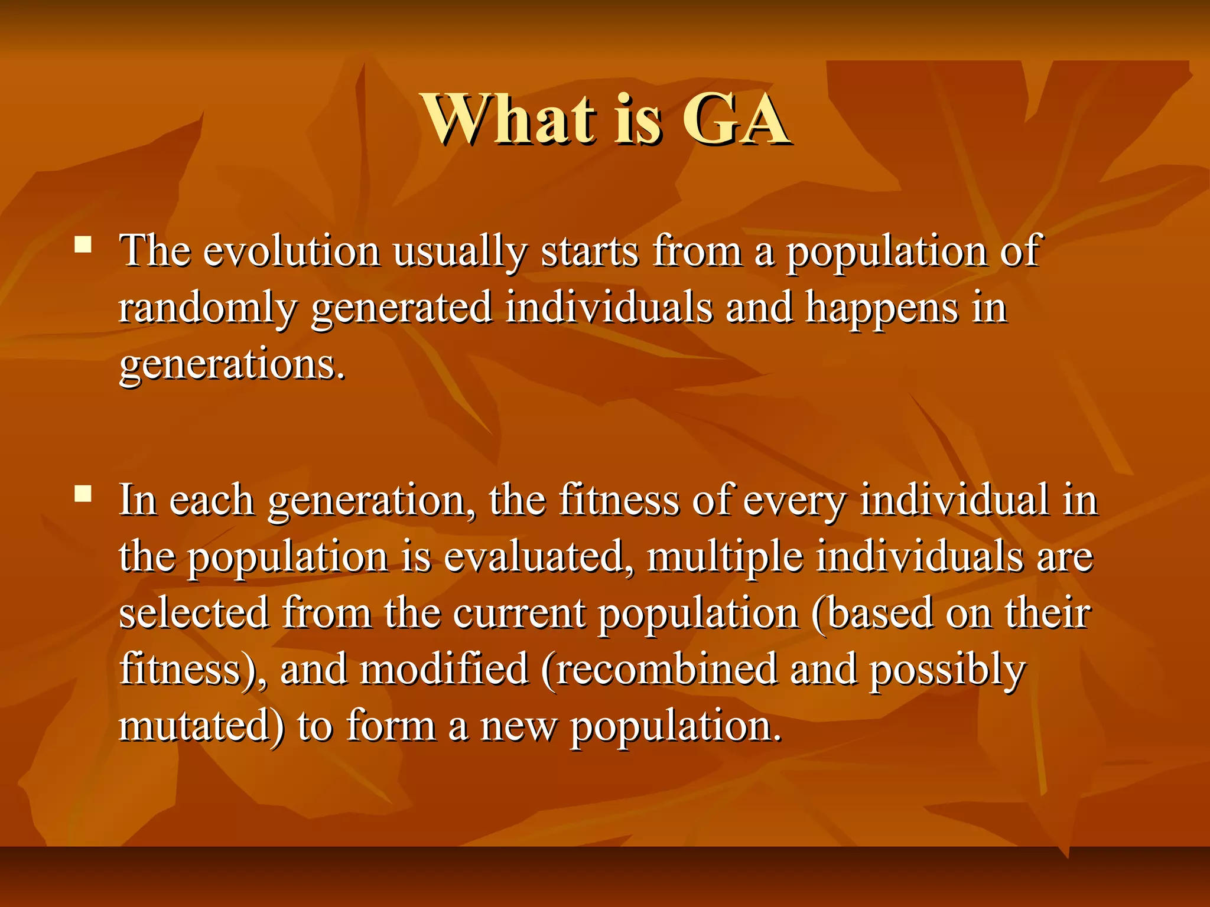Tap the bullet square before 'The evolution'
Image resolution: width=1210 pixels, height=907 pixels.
pyautogui.click(x=83, y=244)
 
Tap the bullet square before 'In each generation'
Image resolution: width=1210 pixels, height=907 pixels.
pyautogui.click(x=83, y=494)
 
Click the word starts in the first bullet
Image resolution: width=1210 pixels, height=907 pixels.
pyautogui.click(x=590, y=251)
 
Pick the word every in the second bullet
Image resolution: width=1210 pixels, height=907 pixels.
pyautogui.click(x=794, y=501)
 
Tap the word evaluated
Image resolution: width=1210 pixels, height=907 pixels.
pyautogui.click(x=539, y=557)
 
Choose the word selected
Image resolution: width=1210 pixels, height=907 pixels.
pyautogui.click(x=194, y=614)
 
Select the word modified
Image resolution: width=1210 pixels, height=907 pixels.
pyautogui.click(x=444, y=670)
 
